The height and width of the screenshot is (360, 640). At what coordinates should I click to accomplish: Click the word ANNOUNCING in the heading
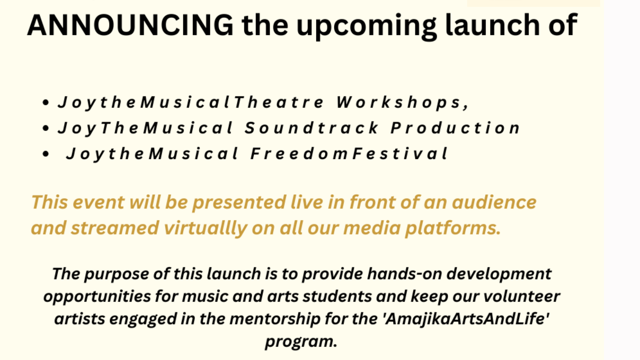[130, 25]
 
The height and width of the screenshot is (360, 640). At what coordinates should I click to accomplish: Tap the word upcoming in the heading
[366, 27]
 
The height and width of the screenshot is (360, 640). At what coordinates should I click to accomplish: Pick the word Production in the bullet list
[455, 128]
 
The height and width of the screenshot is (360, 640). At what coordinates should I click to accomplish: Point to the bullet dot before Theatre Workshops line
[46, 103]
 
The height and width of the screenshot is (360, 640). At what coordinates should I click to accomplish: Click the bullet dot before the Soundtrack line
[46, 128]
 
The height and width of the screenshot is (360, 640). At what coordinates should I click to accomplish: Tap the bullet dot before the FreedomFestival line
[46, 154]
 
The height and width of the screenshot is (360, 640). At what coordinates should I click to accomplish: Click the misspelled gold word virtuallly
[205, 229]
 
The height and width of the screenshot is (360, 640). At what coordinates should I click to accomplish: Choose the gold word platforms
[453, 229]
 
